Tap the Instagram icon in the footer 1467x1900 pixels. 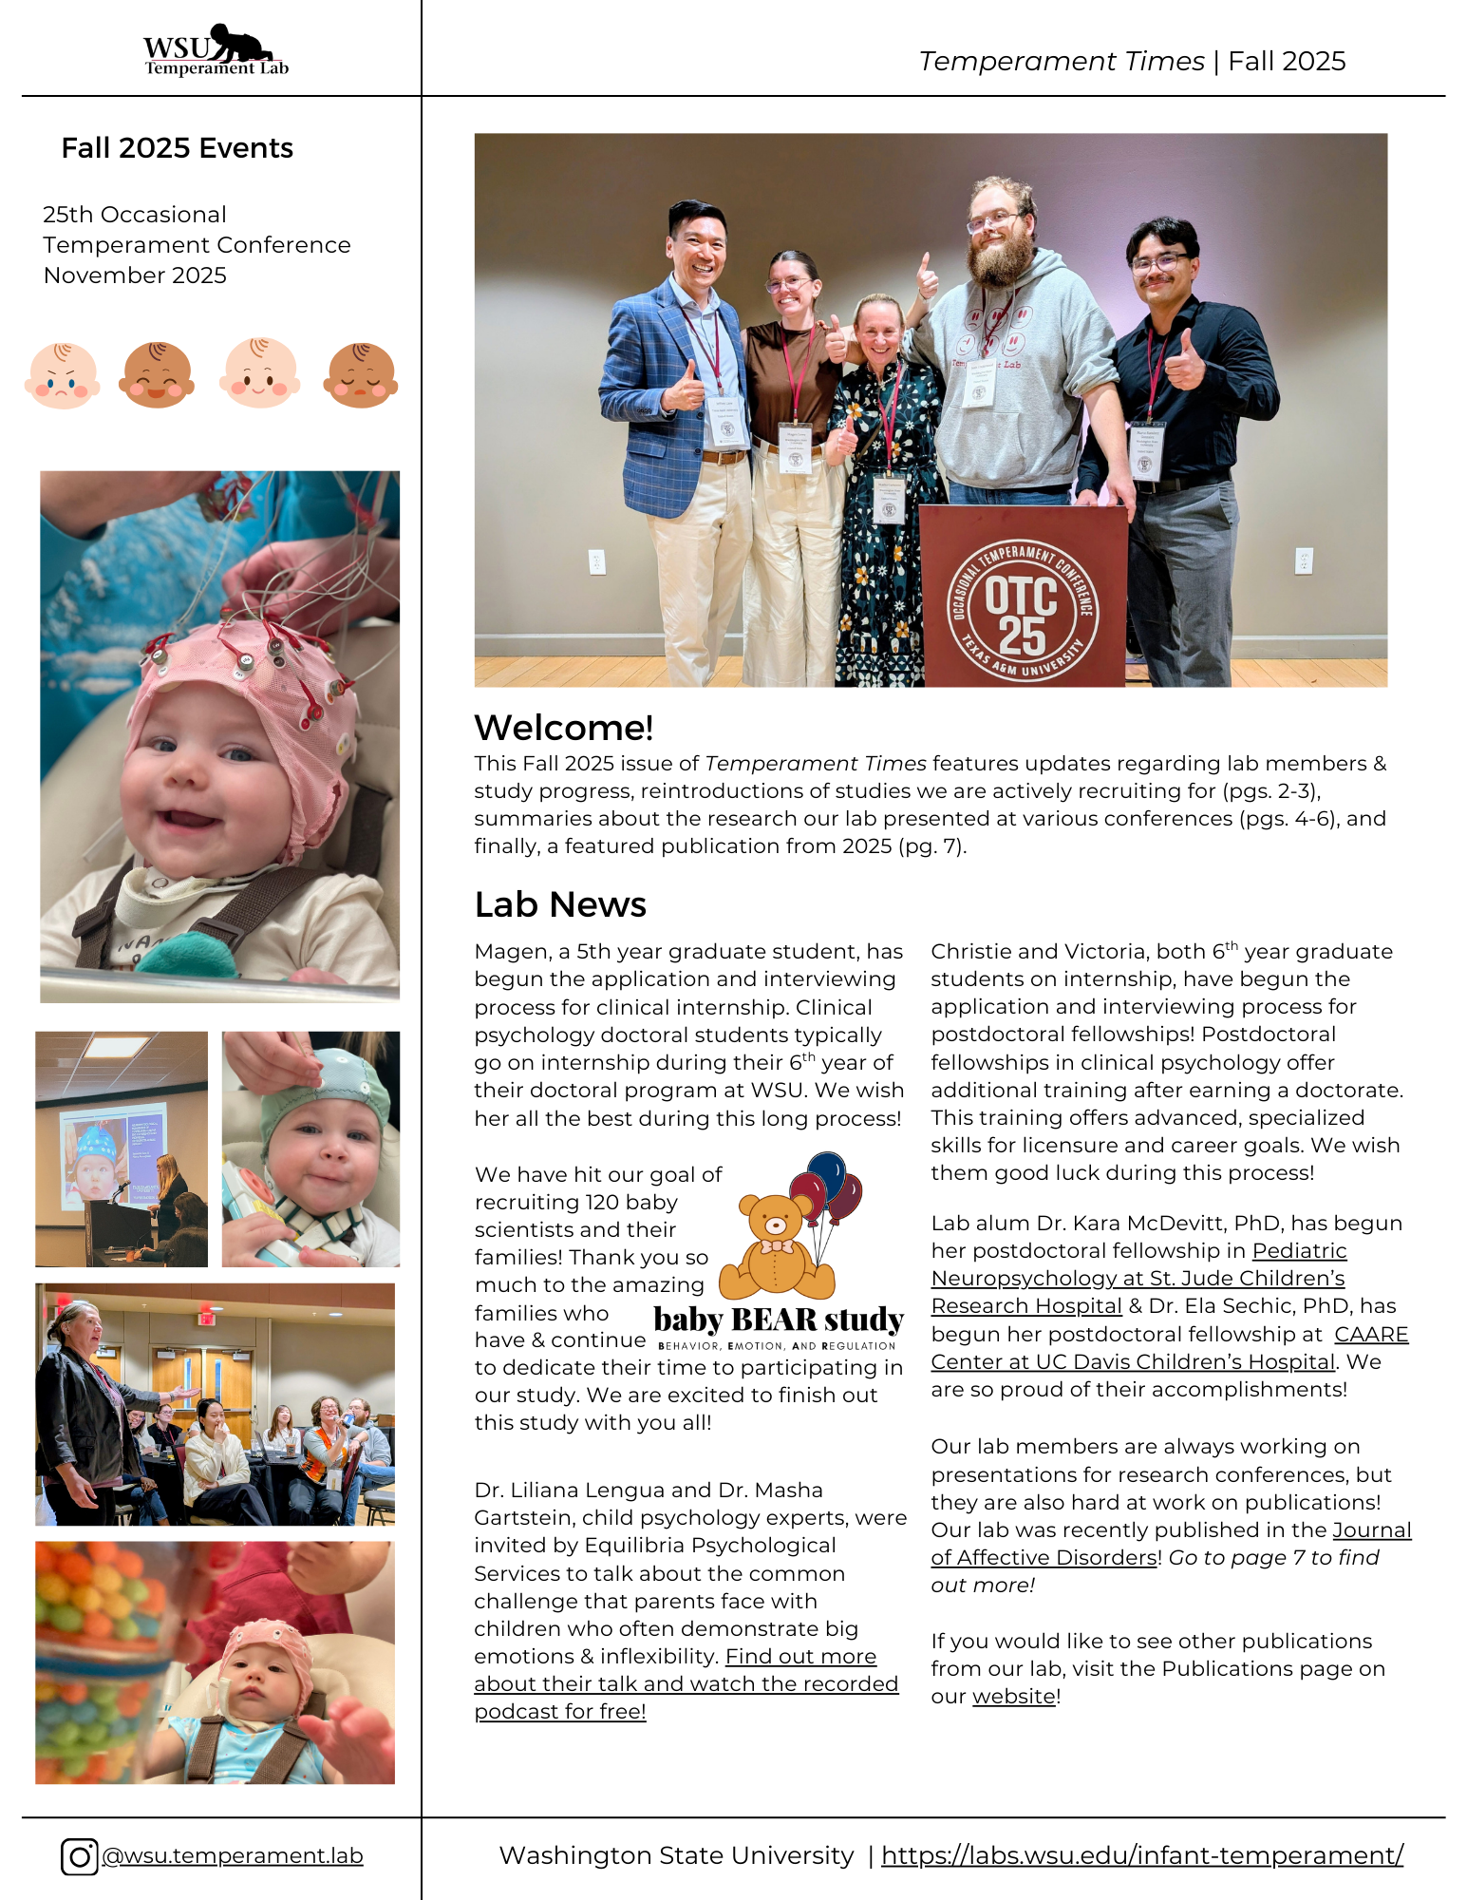tap(79, 1856)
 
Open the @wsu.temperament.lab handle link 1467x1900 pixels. tap(232, 1856)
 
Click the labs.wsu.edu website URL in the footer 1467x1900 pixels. tap(1141, 1855)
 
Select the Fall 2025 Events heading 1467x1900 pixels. tap(177, 148)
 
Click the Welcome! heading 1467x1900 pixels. tap(563, 728)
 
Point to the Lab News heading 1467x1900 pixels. tap(560, 904)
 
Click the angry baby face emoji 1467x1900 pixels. tap(63, 376)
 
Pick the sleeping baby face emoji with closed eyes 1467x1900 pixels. tap(361, 376)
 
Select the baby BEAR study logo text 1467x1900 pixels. tap(779, 1320)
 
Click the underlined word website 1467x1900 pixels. tap(1013, 1697)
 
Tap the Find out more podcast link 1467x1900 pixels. tap(686, 1683)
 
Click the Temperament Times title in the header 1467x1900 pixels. tap(1061, 62)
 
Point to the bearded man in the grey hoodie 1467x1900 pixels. tap(1006, 323)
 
